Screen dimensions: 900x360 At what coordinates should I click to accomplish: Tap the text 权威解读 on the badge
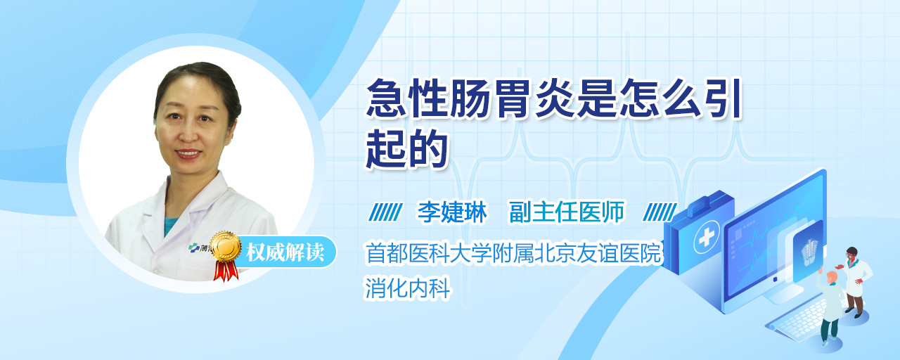point(285,252)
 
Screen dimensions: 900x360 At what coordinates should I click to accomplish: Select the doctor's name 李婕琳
point(452,212)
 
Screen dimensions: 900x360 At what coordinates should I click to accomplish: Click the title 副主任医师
point(567,212)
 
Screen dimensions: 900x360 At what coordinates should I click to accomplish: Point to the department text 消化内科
point(407,288)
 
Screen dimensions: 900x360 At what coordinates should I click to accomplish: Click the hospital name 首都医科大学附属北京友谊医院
point(513,253)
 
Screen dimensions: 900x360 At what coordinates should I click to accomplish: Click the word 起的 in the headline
point(406,149)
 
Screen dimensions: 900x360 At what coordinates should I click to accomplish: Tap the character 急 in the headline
point(386,98)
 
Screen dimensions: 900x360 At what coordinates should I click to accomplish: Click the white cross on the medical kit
point(707,238)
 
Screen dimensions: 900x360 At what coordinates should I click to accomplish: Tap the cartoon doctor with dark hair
point(855,282)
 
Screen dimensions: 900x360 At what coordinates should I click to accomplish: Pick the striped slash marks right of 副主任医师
point(660,212)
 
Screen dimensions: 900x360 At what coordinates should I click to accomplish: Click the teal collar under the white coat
point(169,225)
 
